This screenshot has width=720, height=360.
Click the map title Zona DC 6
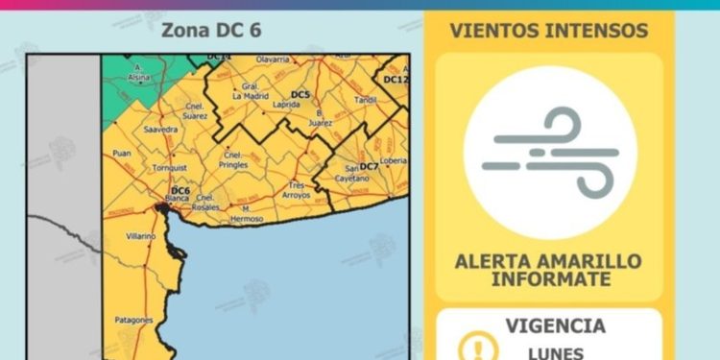pyautogui.click(x=210, y=30)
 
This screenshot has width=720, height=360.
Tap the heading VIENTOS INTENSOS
pyautogui.click(x=548, y=31)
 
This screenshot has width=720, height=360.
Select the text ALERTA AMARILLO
pyautogui.click(x=549, y=261)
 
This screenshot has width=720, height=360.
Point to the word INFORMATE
pyautogui.click(x=549, y=279)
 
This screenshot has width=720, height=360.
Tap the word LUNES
pyautogui.click(x=549, y=352)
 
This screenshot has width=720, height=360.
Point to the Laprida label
pyautogui.click(x=287, y=104)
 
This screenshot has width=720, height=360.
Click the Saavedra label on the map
pyautogui.click(x=159, y=129)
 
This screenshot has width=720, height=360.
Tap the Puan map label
pyautogui.click(x=122, y=153)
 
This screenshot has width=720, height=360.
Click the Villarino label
pyautogui.click(x=140, y=235)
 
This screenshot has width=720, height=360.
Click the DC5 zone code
pyautogui.click(x=300, y=94)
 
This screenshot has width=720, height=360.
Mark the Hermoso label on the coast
pyautogui.click(x=247, y=218)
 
